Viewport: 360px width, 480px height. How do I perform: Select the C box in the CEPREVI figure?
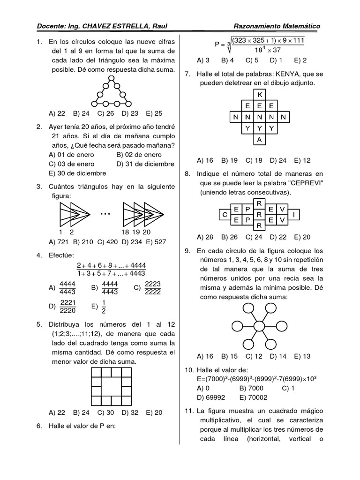(225, 215)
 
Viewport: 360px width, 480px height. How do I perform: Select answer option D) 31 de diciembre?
(145, 164)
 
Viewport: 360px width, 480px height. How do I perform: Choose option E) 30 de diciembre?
(75, 173)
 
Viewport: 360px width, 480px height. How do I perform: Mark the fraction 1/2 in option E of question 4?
(104, 307)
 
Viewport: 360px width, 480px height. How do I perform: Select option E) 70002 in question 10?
(254, 397)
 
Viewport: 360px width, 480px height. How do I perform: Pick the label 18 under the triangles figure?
(125, 232)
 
